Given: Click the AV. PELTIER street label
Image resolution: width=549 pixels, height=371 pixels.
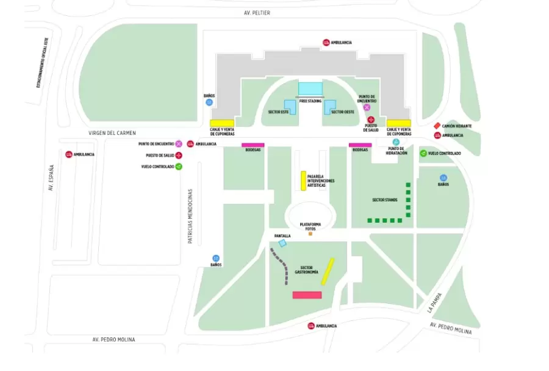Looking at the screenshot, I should tap(257, 13).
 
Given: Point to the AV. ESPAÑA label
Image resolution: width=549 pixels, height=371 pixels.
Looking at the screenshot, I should tap(51, 178).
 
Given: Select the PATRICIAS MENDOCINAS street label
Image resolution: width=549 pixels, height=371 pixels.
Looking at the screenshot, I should tap(190, 216).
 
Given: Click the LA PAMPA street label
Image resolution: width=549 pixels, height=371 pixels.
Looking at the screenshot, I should tap(434, 303).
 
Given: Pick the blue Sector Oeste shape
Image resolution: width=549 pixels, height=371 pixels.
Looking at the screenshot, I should tap(330, 107).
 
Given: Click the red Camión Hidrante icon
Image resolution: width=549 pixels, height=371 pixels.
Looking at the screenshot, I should tap(437, 126).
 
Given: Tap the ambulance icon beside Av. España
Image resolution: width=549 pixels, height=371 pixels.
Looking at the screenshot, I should tap(69, 154).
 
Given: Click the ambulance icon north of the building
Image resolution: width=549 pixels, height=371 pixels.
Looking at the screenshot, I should tap(326, 42).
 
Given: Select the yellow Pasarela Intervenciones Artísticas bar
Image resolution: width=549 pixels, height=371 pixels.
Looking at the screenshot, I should tap(303, 181).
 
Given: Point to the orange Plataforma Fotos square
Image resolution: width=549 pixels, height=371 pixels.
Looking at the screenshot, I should tap(310, 233).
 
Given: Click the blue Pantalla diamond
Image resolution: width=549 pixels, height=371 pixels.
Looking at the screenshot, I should tap(282, 243).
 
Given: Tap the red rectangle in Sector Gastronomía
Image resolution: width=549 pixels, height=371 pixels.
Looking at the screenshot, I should tap(307, 295).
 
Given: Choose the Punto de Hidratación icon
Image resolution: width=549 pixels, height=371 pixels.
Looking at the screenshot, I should tap(396, 142).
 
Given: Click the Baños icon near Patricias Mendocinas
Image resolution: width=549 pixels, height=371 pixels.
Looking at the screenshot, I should tap(215, 258).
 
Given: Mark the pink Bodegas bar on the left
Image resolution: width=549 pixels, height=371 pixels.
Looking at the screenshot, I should tap(253, 145).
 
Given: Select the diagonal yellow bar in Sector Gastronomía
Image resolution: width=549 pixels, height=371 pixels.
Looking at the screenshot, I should tap(328, 272).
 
